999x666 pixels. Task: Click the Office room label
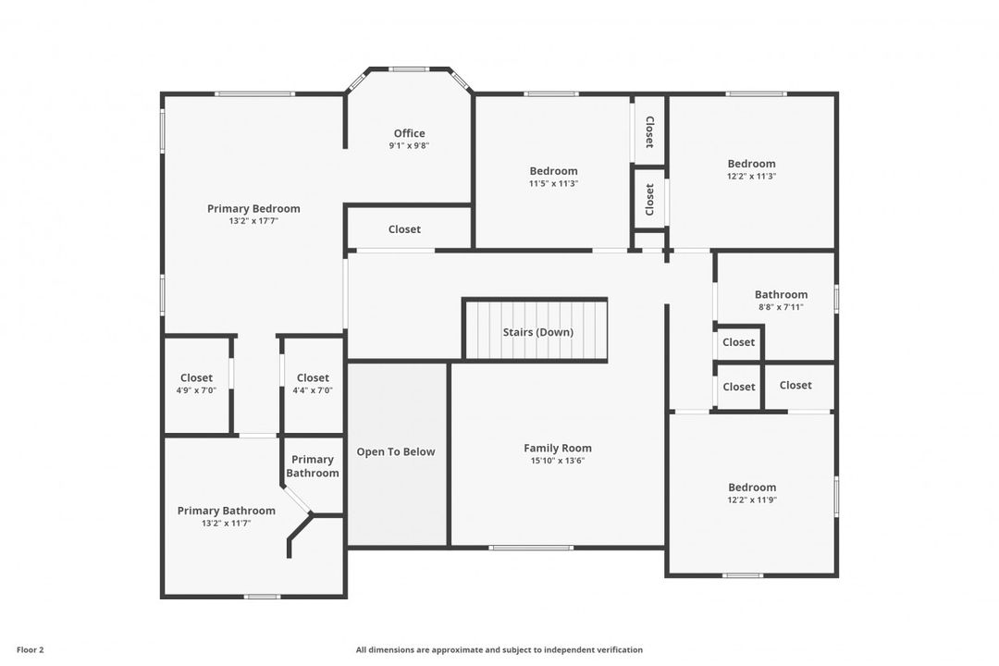(x=409, y=133)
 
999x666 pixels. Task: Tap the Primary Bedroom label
(x=253, y=208)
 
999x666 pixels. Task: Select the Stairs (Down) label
(x=537, y=332)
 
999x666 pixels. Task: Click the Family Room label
(x=558, y=448)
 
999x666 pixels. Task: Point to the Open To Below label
(x=396, y=451)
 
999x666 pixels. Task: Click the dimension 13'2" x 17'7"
(x=253, y=221)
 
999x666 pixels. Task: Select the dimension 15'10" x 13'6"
(x=558, y=461)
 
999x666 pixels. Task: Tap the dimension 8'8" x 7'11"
(x=781, y=307)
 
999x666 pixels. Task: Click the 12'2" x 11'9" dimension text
(x=751, y=500)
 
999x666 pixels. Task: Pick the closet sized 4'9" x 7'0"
(x=196, y=378)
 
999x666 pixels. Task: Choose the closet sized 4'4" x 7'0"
(x=313, y=378)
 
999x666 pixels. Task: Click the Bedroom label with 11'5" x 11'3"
(x=553, y=170)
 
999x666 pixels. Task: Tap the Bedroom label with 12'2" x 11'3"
(x=751, y=164)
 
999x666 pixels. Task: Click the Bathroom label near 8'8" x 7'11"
(x=781, y=294)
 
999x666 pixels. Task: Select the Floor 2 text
(x=31, y=649)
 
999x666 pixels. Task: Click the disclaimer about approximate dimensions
(x=499, y=649)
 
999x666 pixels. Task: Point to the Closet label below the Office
(x=404, y=229)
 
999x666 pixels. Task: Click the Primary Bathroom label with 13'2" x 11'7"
(x=226, y=511)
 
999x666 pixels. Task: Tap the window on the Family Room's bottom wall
(x=531, y=548)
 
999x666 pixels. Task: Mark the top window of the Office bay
(x=408, y=68)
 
